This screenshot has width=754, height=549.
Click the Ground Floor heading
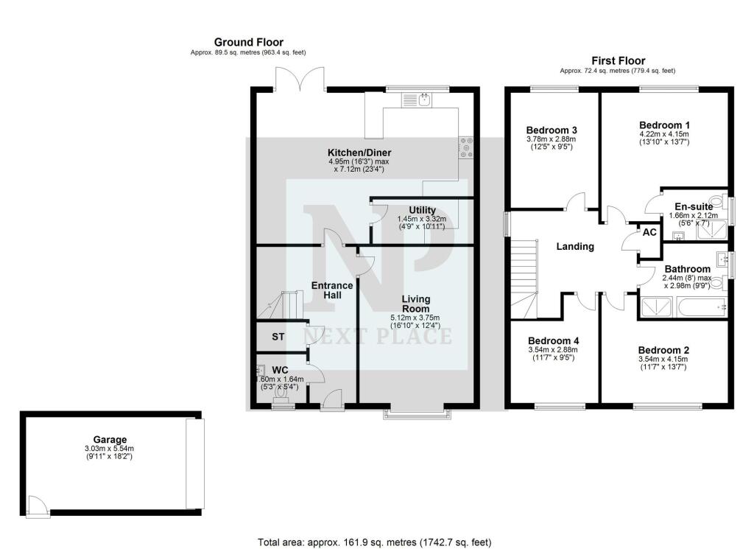coord(248,43)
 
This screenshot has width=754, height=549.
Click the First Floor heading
coord(618,60)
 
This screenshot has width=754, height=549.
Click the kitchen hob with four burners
coord(465,148)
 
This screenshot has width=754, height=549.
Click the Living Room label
coord(415,304)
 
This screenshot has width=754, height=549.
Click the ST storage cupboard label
coord(278,337)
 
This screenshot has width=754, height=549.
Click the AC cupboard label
coord(649,231)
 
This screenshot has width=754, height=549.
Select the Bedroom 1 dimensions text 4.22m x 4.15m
coord(663,135)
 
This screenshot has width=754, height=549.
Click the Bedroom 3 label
coord(551,130)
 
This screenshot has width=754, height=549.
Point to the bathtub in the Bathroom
coord(695,306)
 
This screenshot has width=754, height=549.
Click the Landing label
coord(575,247)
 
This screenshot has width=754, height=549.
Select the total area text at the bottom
coord(374,542)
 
